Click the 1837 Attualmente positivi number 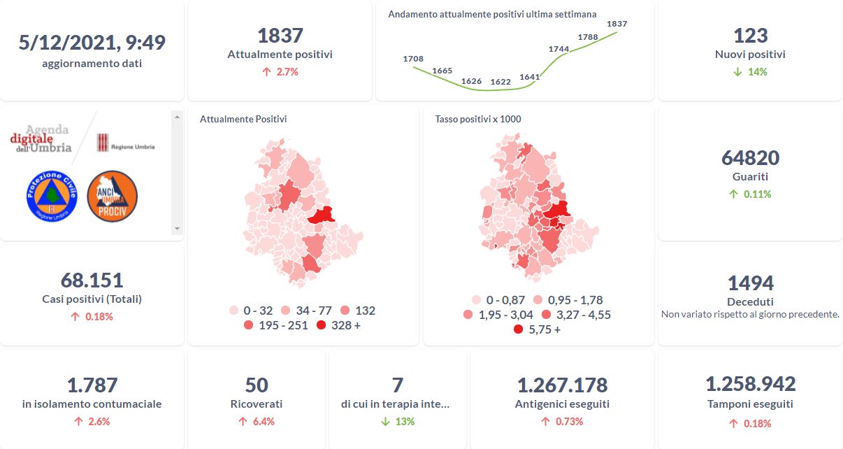(280, 36)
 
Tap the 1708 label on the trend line (413, 59)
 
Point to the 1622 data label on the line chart (500, 82)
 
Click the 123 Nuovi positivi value (750, 36)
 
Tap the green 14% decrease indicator (750, 72)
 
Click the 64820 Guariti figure (750, 158)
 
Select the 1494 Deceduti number (750, 283)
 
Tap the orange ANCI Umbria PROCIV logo (112, 197)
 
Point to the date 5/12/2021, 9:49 (92, 43)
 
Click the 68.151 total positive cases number (92, 280)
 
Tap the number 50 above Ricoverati (257, 385)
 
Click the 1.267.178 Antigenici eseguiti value (562, 385)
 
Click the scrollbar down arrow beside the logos (176, 229)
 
